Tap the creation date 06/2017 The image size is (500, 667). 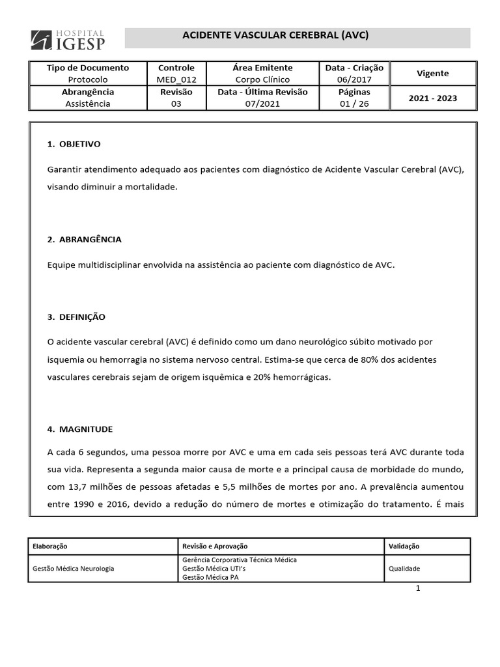[x=354, y=79]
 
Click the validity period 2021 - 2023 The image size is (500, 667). [x=432, y=98]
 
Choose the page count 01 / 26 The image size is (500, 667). [x=354, y=104]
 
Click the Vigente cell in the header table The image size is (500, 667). [x=432, y=74]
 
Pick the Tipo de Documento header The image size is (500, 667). [x=89, y=68]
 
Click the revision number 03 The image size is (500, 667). [x=176, y=104]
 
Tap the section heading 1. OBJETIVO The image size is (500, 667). [x=74, y=144]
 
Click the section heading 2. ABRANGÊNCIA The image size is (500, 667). [x=85, y=240]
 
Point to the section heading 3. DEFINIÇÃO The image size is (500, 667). [x=77, y=317]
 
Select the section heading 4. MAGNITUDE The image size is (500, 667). [x=80, y=429]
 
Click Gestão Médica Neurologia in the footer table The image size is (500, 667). [x=74, y=569]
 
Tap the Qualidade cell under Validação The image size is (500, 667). [x=404, y=569]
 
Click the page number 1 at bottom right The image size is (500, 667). [x=419, y=589]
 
